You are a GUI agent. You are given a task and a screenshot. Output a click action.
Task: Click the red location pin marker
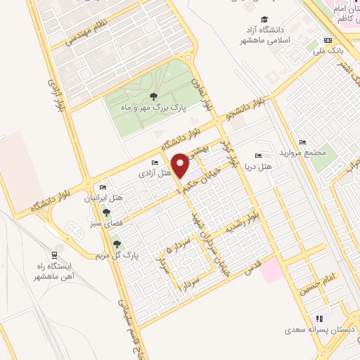tap(181, 165)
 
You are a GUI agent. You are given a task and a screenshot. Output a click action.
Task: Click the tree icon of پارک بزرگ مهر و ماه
tap(154, 97)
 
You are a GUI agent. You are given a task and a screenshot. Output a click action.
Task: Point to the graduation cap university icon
tap(265, 19)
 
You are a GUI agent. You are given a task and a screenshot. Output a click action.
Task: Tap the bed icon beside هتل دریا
tap(259, 155)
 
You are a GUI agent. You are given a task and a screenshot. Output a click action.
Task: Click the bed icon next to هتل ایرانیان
tap(103, 188)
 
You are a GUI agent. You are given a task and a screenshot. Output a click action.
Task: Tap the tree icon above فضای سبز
tap(107, 211)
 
